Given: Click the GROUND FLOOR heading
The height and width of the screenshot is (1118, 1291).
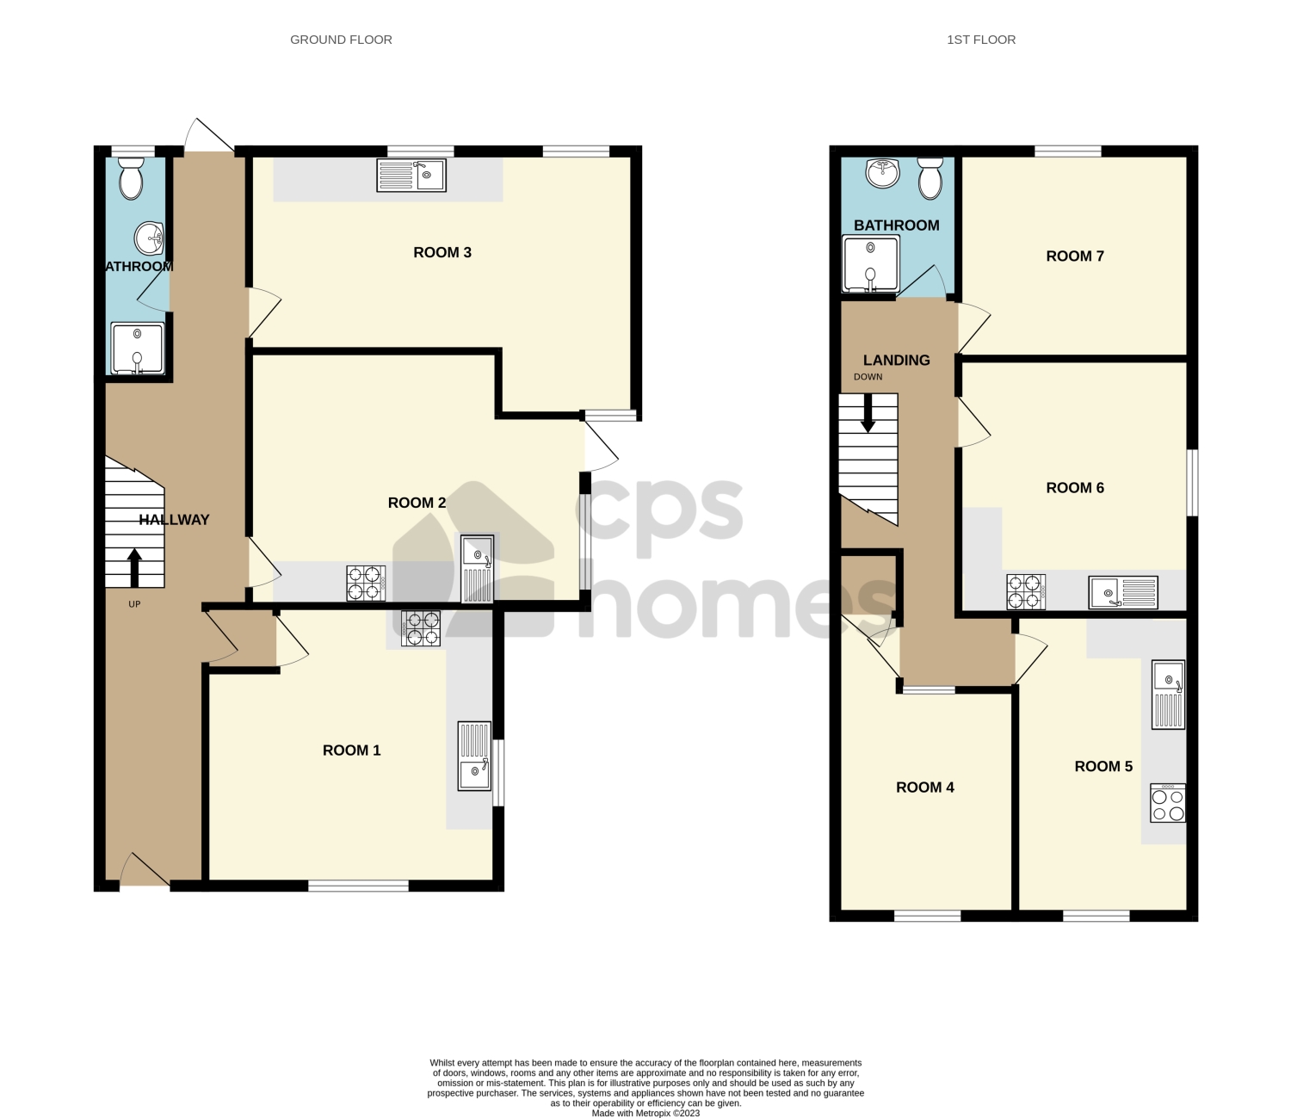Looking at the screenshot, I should (341, 40).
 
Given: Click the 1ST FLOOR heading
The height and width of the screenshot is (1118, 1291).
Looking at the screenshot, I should (981, 40).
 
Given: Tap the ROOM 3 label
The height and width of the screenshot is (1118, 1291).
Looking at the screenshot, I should (442, 252).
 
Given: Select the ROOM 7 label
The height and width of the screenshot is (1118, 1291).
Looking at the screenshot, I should (1074, 256).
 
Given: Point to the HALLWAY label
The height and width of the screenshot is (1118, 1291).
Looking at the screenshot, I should (174, 520).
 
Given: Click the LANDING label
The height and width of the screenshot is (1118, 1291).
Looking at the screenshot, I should (896, 361).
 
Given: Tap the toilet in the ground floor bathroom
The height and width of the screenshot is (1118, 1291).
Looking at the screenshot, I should (131, 178).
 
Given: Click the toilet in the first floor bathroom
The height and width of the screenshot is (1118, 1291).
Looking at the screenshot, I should (930, 178).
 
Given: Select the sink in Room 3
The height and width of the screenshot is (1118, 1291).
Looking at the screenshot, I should (411, 176).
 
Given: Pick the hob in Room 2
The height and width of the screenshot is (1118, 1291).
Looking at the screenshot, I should (366, 583).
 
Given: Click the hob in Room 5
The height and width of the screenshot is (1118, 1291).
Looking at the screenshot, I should (1168, 803).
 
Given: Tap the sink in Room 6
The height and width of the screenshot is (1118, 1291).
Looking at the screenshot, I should (1123, 592).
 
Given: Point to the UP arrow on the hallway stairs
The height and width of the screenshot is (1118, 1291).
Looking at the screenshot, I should (134, 568).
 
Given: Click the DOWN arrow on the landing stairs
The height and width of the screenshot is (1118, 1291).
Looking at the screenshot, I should (868, 413).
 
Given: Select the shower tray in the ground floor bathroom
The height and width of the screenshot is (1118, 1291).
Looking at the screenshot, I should (137, 349).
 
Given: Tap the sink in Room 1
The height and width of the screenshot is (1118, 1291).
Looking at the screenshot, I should (474, 757).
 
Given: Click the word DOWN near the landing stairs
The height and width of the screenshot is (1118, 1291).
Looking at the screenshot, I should (868, 377).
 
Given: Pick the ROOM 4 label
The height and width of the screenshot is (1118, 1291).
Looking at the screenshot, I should (924, 788).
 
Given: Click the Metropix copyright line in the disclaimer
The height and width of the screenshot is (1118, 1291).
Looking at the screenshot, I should (645, 1113).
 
